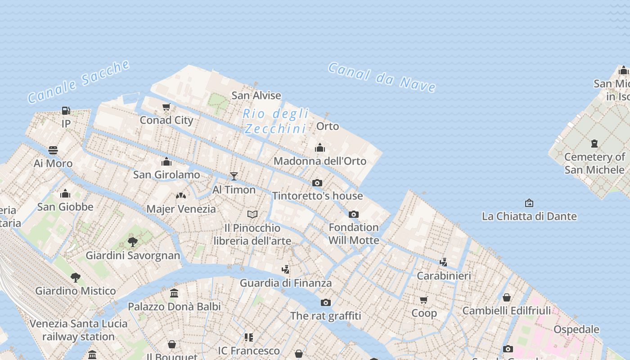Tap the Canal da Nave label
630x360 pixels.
pos(382,77)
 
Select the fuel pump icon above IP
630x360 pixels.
pos(66,110)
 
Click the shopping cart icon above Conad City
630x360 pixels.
pos(166,107)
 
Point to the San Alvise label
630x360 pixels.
pos(256,95)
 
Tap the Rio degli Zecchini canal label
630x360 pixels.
pos(275,121)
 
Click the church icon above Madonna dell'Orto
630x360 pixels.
pos(320,148)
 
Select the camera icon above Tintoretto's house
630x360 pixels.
pos(317,183)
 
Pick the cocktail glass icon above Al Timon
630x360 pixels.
pos(234,176)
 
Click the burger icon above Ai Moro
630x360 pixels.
pos(53,150)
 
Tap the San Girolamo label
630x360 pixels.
pos(166,175)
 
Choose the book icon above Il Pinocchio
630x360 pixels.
pos(252,214)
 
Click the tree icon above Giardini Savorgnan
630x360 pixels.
pos(133,242)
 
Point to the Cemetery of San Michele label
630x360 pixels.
pos(594,163)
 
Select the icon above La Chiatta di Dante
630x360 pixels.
pos(529,203)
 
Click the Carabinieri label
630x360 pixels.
pos(444,276)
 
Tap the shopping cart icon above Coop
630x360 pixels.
pos(423,300)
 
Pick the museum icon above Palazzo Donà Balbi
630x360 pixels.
pos(174,293)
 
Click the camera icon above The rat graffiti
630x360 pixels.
pos(325,302)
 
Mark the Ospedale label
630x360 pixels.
pos(576,329)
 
